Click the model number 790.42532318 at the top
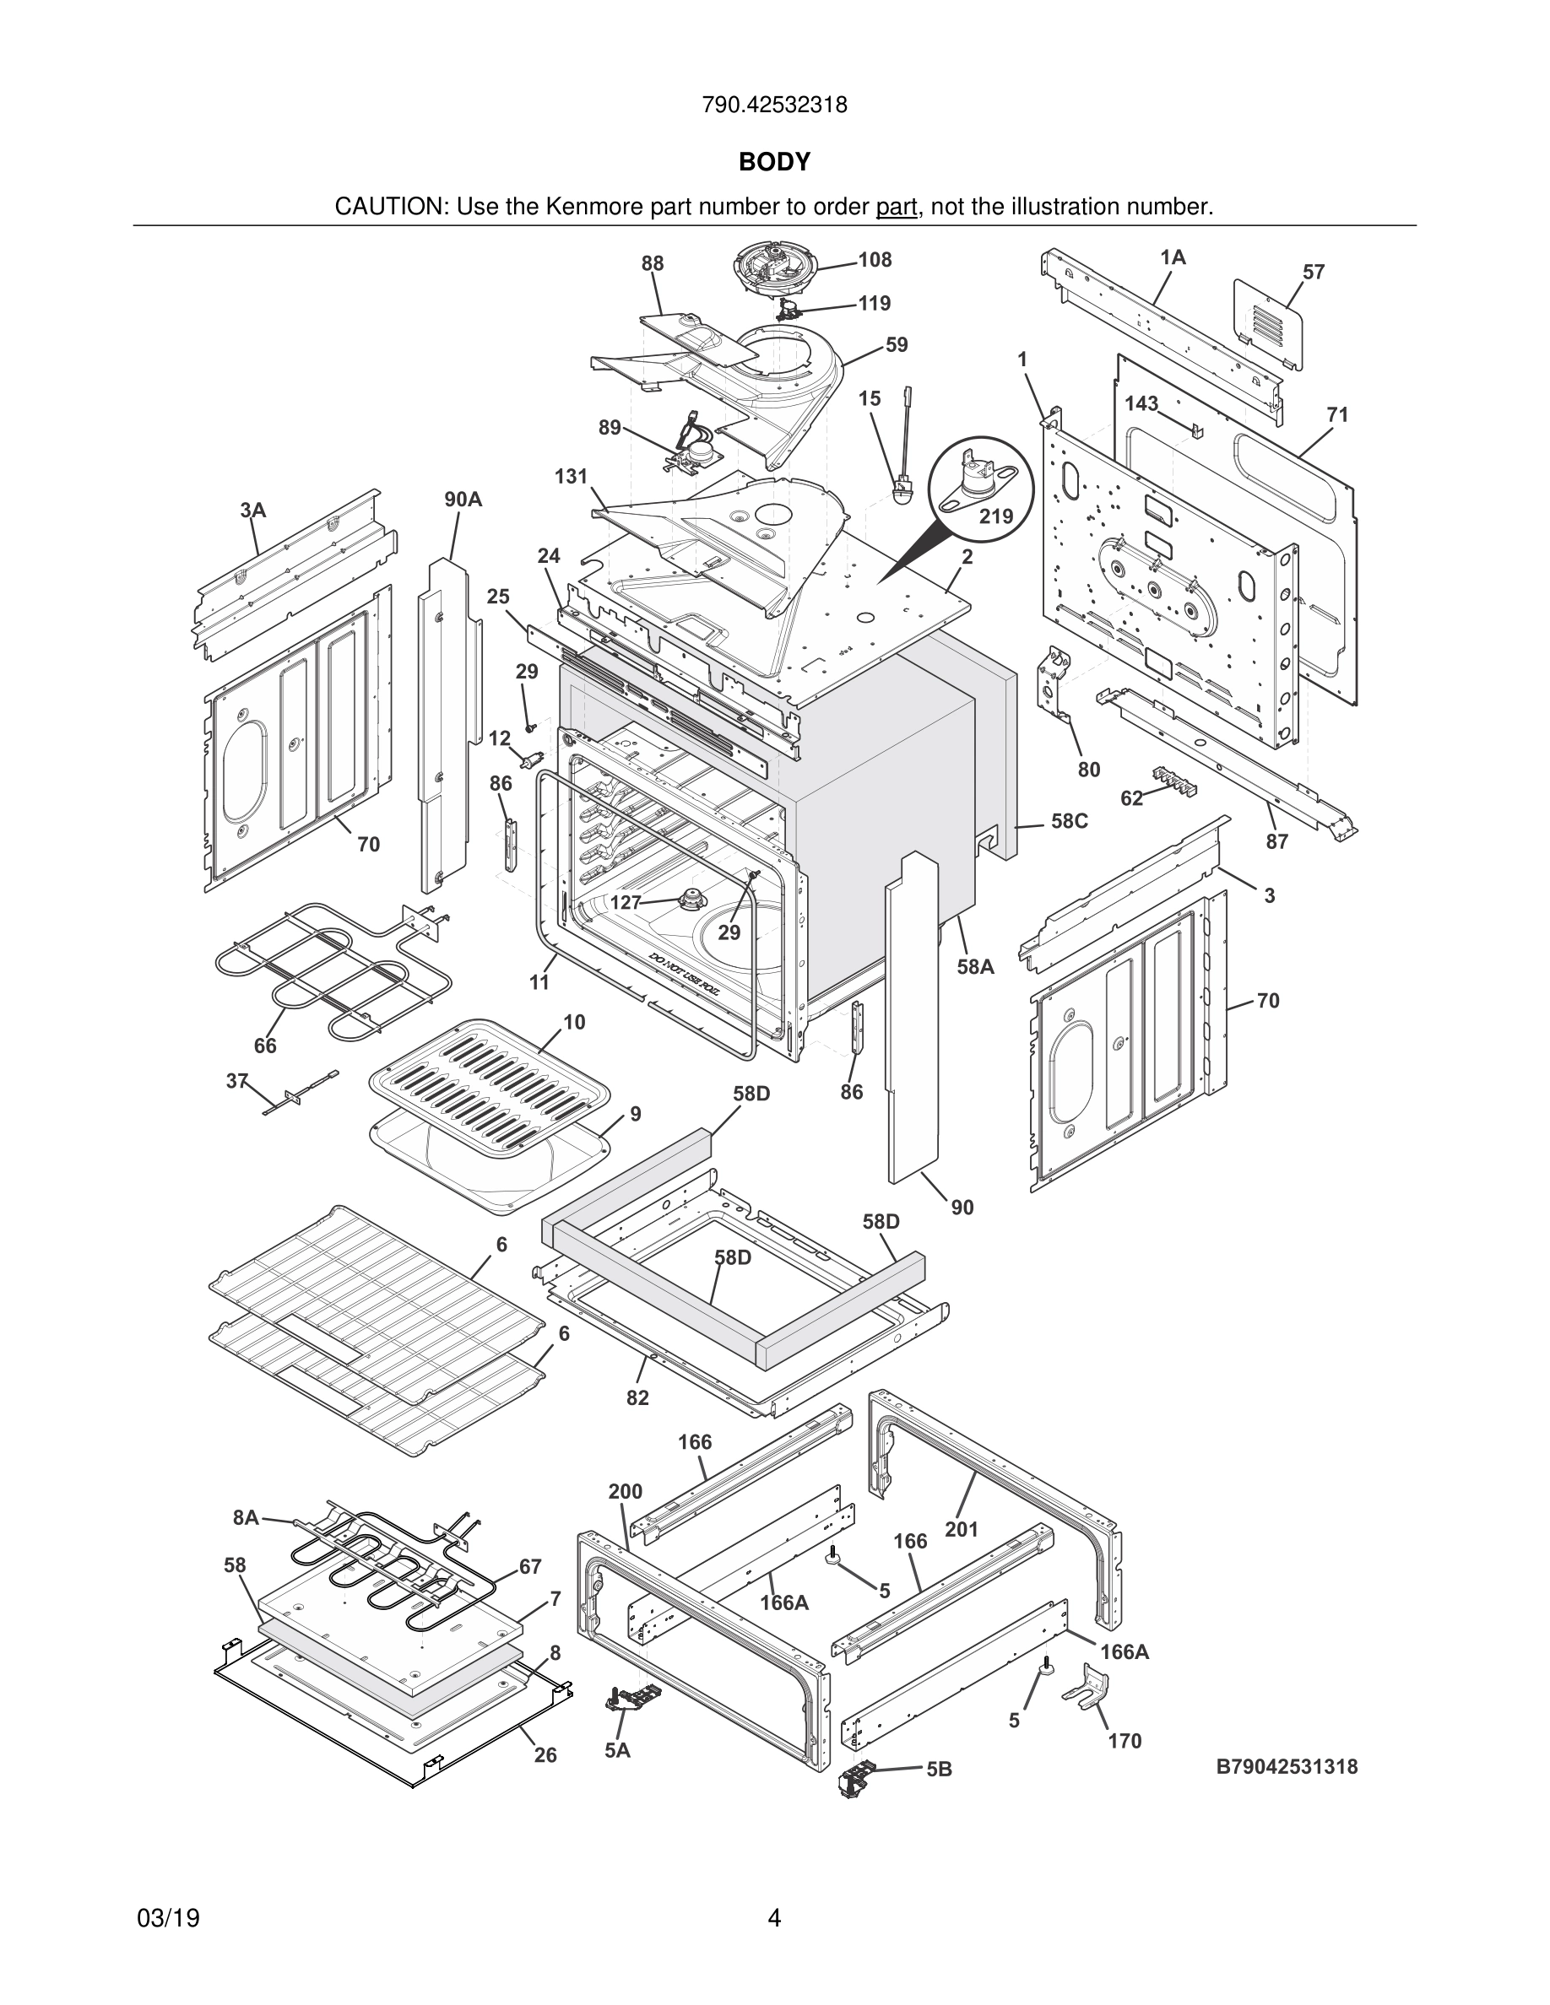click(774, 105)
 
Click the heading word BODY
click(774, 163)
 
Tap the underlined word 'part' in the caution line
click(897, 208)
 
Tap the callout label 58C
click(1069, 821)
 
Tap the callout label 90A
click(463, 500)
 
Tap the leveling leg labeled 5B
click(857, 1778)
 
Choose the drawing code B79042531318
click(1287, 1766)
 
